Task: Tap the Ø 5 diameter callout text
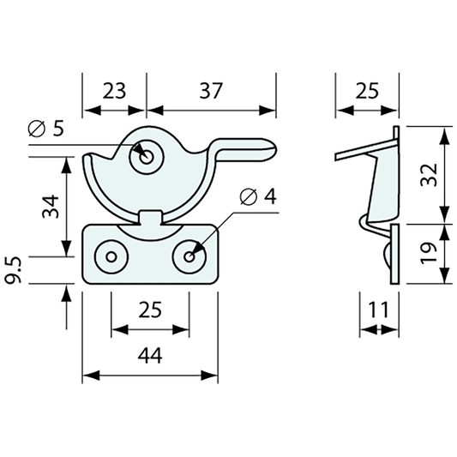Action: pyautogui.click(x=46, y=129)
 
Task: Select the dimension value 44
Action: pyautogui.click(x=150, y=359)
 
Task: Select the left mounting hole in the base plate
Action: pyautogui.click(x=111, y=256)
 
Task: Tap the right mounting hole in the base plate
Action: pyautogui.click(x=189, y=255)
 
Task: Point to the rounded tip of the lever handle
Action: pyautogui.click(x=273, y=152)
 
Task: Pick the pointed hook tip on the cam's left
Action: pyautogui.click(x=86, y=155)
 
